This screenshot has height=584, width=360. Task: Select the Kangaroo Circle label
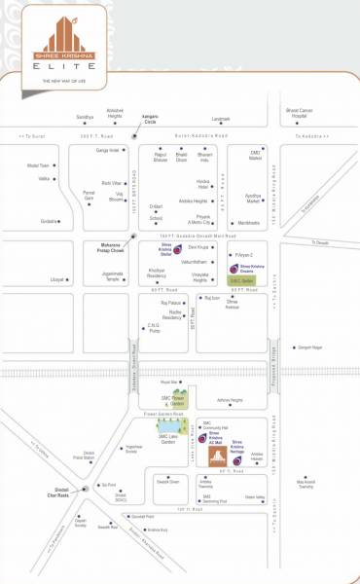[x=150, y=118]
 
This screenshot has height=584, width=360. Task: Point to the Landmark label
[x=221, y=119]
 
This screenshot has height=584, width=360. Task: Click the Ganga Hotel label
[x=108, y=151]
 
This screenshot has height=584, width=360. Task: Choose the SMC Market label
[x=255, y=156]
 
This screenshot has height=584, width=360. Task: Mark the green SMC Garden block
[x=241, y=280]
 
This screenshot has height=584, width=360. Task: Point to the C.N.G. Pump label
[x=154, y=329]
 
